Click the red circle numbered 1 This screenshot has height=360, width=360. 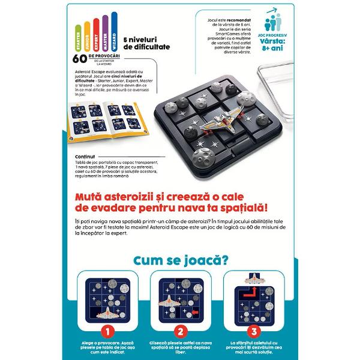click(x=105, y=331)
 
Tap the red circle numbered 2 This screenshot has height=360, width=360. click(x=179, y=331)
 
